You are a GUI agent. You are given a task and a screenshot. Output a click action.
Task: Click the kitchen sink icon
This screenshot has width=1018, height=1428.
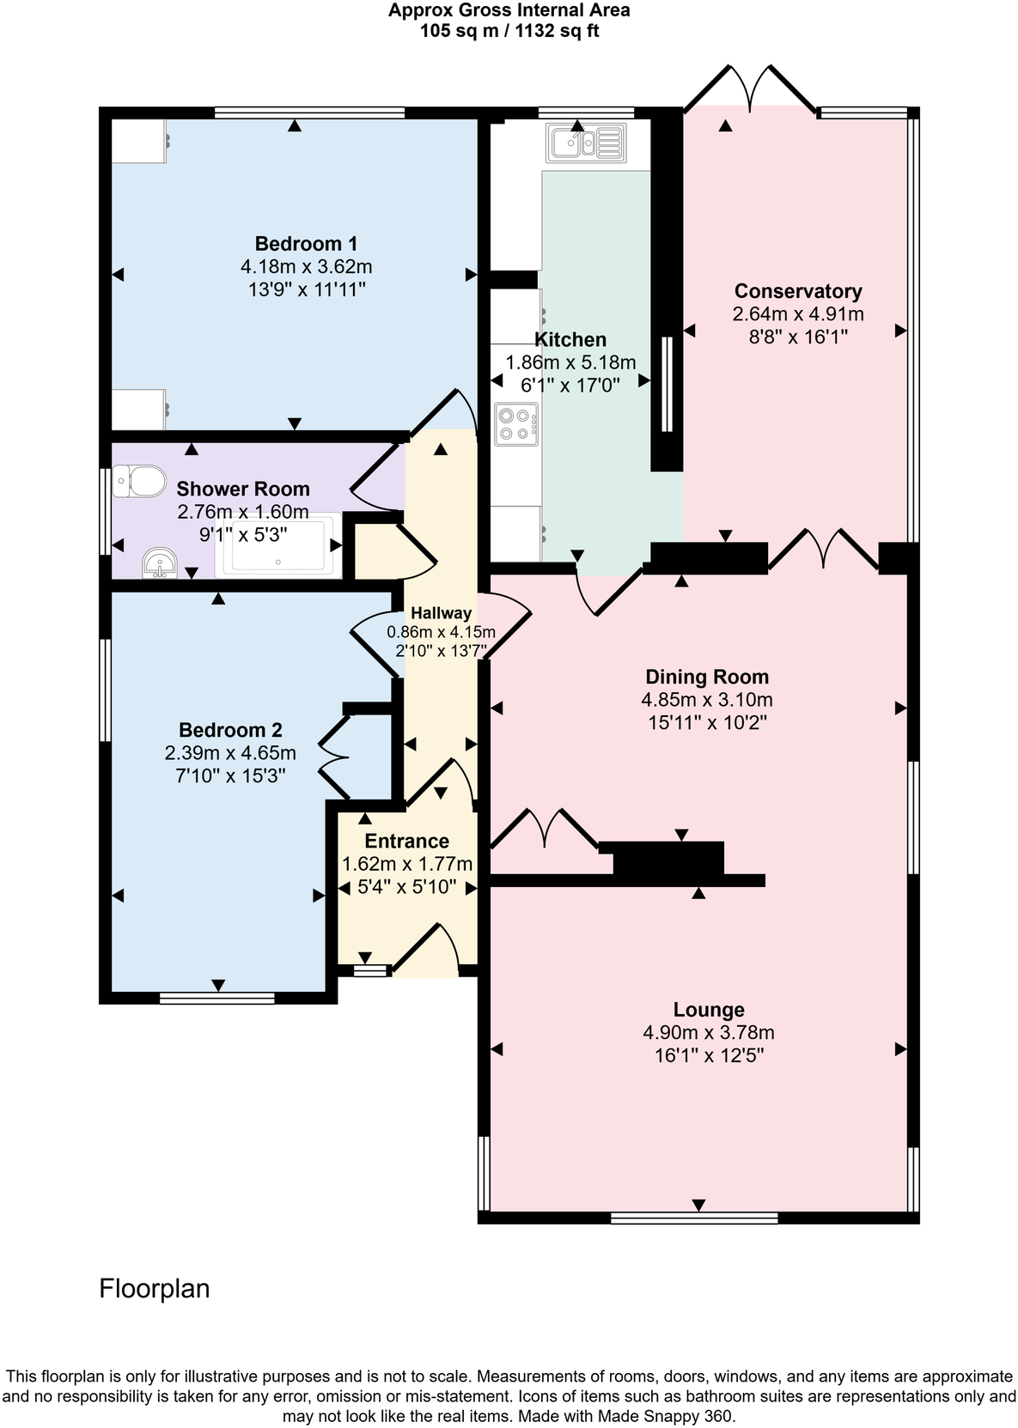click(586, 143)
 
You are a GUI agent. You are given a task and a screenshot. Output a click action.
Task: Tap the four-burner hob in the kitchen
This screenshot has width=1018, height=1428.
click(516, 423)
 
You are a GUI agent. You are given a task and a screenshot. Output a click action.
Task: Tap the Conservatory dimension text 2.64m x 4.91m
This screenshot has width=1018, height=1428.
click(798, 314)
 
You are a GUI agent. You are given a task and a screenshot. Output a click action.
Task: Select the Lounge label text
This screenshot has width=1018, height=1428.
click(709, 1010)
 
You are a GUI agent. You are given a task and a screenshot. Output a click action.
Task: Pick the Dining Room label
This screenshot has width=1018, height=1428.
click(707, 677)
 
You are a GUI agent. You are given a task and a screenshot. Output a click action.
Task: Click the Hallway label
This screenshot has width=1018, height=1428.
click(441, 613)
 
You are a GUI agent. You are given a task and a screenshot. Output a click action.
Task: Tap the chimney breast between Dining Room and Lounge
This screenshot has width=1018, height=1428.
click(668, 860)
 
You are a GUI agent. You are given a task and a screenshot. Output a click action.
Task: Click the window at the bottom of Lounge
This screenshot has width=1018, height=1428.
click(694, 1217)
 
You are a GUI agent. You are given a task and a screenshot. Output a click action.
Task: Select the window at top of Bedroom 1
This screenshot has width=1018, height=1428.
click(309, 112)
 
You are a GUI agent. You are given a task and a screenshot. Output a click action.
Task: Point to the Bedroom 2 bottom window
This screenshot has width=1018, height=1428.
click(217, 998)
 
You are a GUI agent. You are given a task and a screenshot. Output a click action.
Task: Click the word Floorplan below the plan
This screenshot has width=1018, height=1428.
click(155, 1289)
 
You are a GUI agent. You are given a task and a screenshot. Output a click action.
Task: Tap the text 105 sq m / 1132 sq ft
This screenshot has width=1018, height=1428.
click(509, 32)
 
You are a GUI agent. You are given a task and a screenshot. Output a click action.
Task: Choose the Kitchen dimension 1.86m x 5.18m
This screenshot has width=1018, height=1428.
click(570, 362)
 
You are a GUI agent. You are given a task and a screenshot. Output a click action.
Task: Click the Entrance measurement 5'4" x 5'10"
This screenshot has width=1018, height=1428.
click(407, 886)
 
